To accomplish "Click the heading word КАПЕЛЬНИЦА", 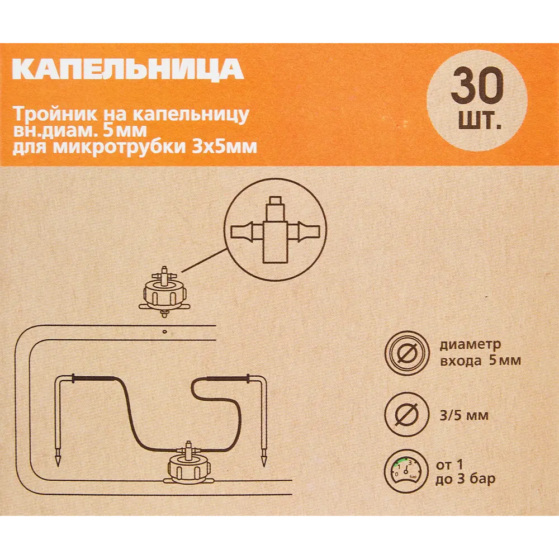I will click(127, 69).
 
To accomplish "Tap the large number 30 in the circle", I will click(477, 86).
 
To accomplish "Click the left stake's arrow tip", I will click(57, 463).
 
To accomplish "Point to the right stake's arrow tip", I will click(262, 463).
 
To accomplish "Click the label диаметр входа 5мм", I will click(480, 352).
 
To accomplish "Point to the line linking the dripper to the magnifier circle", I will click(205, 258).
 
